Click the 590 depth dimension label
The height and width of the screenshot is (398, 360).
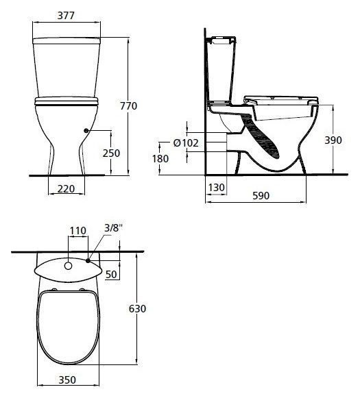click(x=261, y=195)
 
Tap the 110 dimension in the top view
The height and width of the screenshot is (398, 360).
click(x=78, y=232)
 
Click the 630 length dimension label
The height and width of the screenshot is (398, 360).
click(x=138, y=309)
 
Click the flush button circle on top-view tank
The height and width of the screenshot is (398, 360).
click(x=69, y=264)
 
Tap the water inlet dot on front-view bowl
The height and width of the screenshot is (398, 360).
click(x=85, y=130)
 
